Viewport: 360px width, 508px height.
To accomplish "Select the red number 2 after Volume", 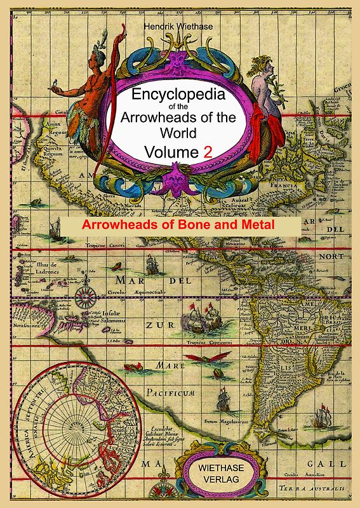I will tap(207, 152).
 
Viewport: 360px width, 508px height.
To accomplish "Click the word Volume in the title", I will tap(171, 152).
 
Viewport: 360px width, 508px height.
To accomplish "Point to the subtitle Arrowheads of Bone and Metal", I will tap(180, 225).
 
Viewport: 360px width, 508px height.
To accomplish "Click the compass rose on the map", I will tap(84, 293).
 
